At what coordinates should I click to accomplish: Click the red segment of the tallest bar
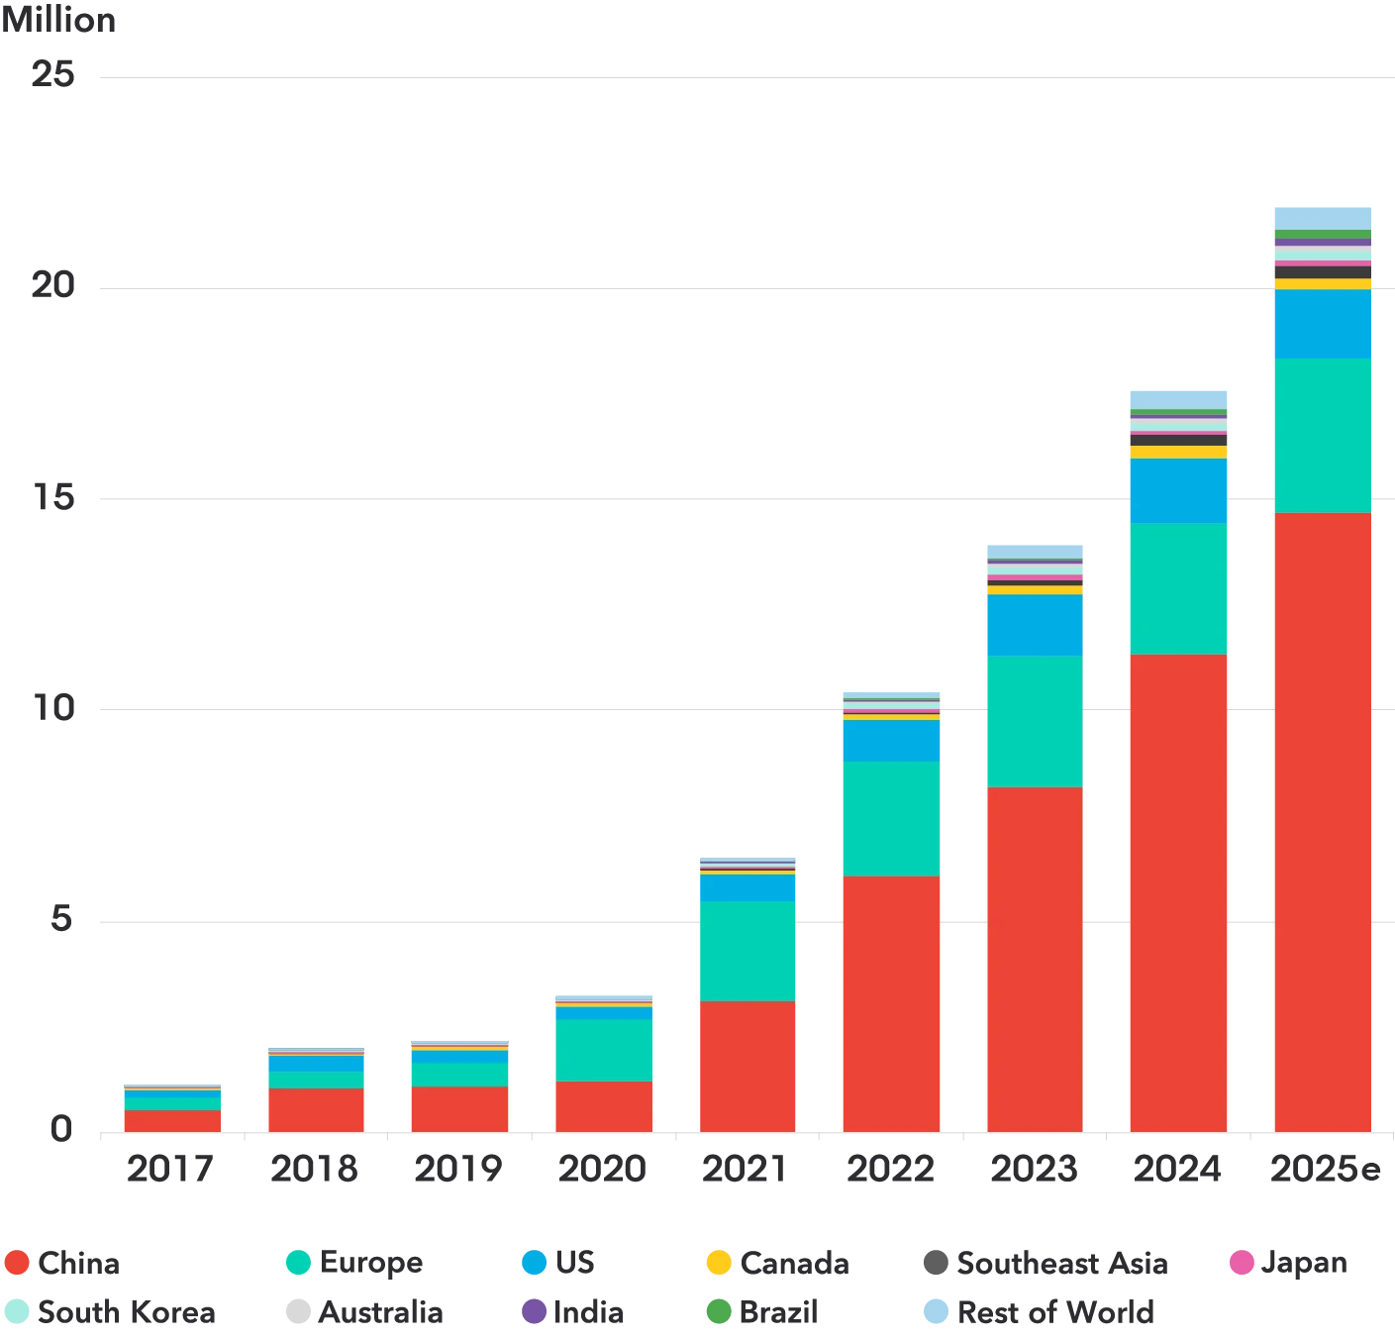coord(1322,822)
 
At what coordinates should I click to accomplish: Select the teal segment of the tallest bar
coord(1322,435)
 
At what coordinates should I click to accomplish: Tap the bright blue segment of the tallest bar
coord(1322,323)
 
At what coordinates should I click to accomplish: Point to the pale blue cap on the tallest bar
coord(1322,218)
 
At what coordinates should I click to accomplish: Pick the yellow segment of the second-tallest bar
coord(1177,452)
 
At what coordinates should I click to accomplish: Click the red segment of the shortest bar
coord(170,1120)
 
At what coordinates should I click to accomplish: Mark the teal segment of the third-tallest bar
coord(1034,721)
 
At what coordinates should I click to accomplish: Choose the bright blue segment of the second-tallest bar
coord(1177,490)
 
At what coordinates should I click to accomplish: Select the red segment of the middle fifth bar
coord(747,1066)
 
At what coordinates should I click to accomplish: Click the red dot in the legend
coord(17,1263)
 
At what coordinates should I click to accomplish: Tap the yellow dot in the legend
coord(719,1263)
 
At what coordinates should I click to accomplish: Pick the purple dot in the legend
coord(533,1311)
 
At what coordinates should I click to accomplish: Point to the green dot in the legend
coord(719,1311)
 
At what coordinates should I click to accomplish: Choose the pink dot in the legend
coord(1242,1263)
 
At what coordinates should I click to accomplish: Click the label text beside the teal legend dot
coord(371,1263)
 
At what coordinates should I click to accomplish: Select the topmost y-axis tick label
coord(54,72)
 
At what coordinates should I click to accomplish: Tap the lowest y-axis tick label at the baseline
coord(61,1130)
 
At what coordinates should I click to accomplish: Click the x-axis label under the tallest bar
coord(1322,1171)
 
